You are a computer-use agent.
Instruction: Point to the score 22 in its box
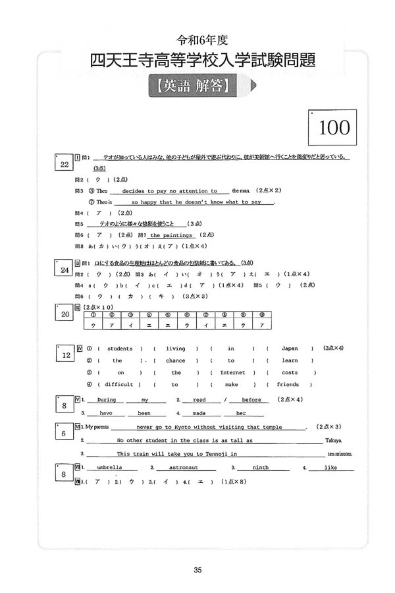(x=65, y=165)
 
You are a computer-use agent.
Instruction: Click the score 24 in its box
(x=65, y=270)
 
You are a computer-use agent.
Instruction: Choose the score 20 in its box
(x=65, y=315)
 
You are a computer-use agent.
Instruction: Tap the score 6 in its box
(x=63, y=434)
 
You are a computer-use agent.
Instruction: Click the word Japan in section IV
(x=290, y=349)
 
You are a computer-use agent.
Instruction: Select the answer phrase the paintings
(x=171, y=235)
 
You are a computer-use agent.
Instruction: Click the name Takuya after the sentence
(x=334, y=441)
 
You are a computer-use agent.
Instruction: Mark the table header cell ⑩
(x=262, y=314)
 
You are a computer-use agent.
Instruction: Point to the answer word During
(x=107, y=400)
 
